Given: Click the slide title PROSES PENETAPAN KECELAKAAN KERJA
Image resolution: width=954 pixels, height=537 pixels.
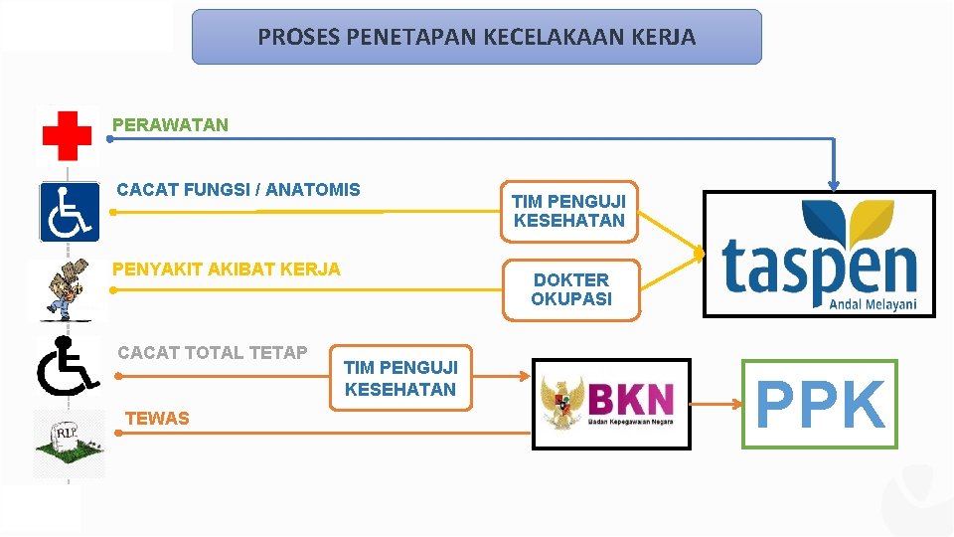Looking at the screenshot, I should (476, 38).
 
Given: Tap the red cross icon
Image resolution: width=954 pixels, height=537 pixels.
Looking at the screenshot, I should (67, 135).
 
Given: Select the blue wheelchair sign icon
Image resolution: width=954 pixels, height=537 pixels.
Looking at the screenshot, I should (69, 212).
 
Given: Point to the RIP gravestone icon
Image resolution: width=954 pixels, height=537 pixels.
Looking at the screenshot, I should (69, 443).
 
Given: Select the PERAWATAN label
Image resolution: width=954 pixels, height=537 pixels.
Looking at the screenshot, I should (170, 125).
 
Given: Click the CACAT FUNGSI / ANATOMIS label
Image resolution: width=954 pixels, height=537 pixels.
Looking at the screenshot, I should (238, 189).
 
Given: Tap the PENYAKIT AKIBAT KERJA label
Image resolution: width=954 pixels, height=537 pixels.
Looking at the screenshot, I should (226, 268).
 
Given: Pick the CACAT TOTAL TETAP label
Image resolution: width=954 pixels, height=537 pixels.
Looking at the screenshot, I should (212, 352).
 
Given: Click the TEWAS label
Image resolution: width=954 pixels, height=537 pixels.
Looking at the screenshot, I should (157, 419).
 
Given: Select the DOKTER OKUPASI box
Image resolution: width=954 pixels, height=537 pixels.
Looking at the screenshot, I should (570, 289).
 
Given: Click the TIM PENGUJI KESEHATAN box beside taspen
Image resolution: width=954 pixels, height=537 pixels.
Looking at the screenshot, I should (568, 211).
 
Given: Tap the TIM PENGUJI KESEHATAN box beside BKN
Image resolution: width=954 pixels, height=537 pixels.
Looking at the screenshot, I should (400, 379).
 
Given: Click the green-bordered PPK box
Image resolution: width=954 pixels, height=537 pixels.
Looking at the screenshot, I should (820, 405).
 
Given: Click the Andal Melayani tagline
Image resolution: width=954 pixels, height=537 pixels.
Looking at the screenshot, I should (873, 305).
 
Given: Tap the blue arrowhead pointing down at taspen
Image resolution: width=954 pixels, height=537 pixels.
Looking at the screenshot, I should (834, 182).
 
